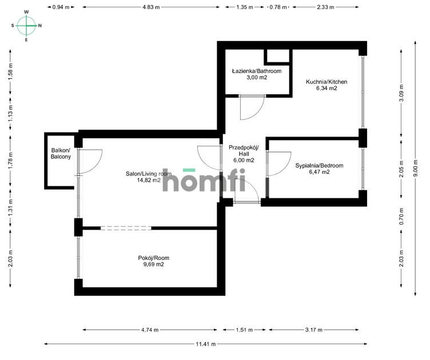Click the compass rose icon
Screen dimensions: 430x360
(26, 26)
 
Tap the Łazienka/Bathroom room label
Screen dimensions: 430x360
(257, 71)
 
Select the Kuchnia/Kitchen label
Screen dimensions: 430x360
(327, 82)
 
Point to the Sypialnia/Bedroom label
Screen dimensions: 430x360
(319, 166)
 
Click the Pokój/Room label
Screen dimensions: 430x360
(154, 258)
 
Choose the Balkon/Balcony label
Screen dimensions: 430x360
(61, 153)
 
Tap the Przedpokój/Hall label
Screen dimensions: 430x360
(244, 151)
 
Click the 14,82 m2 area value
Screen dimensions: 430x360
(149, 180)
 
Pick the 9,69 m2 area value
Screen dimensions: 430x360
(154, 265)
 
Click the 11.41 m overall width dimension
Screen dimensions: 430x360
(206, 344)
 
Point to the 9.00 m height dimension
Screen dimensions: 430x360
(416, 168)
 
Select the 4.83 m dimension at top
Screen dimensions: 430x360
(151, 7)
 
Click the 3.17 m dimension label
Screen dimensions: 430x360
(314, 330)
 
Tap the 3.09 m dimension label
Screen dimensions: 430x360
(401, 93)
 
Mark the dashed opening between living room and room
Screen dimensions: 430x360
(126, 228)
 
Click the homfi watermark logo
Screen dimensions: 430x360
(204, 180)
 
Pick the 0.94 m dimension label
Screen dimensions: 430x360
(61, 7)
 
